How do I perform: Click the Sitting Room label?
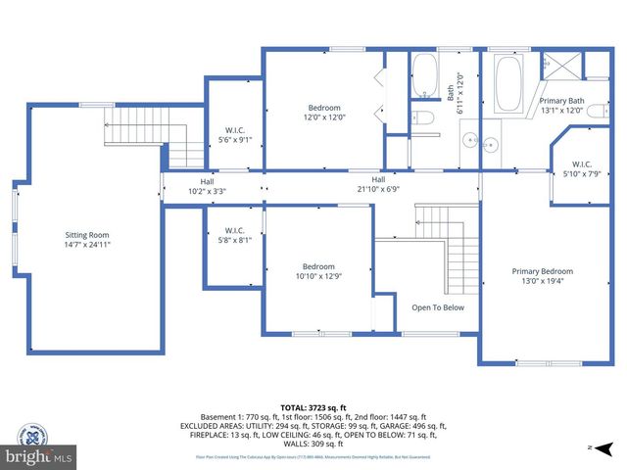pyautogui.click(x=86, y=241)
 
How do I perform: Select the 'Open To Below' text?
pyautogui.click(x=437, y=307)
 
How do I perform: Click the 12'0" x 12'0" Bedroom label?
pyautogui.click(x=324, y=113)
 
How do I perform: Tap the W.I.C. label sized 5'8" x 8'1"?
pyautogui.click(x=232, y=236)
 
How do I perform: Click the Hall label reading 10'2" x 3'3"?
pyautogui.click(x=207, y=186)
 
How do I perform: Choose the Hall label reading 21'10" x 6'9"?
pyautogui.click(x=377, y=184)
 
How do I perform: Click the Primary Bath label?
pyautogui.click(x=561, y=106)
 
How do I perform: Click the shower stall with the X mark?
pyautogui.click(x=562, y=65)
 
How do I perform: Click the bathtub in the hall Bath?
pyautogui.click(x=424, y=76)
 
